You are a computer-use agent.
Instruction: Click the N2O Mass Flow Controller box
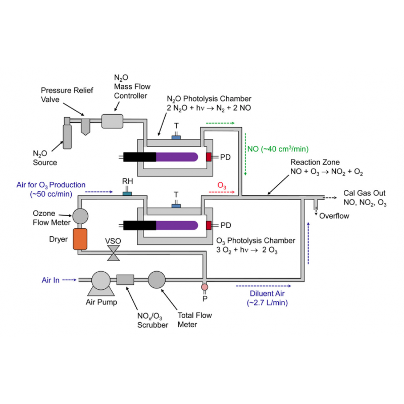[x=112, y=121]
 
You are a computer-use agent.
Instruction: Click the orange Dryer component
[x=80, y=238]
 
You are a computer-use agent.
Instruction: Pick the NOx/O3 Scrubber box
[x=125, y=279]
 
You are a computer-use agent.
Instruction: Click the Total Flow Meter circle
[x=157, y=279]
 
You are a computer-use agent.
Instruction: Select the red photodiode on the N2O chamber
[x=209, y=157]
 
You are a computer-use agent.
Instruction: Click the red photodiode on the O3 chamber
[x=209, y=225]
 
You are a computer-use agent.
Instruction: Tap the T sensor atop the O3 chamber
[x=176, y=205]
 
